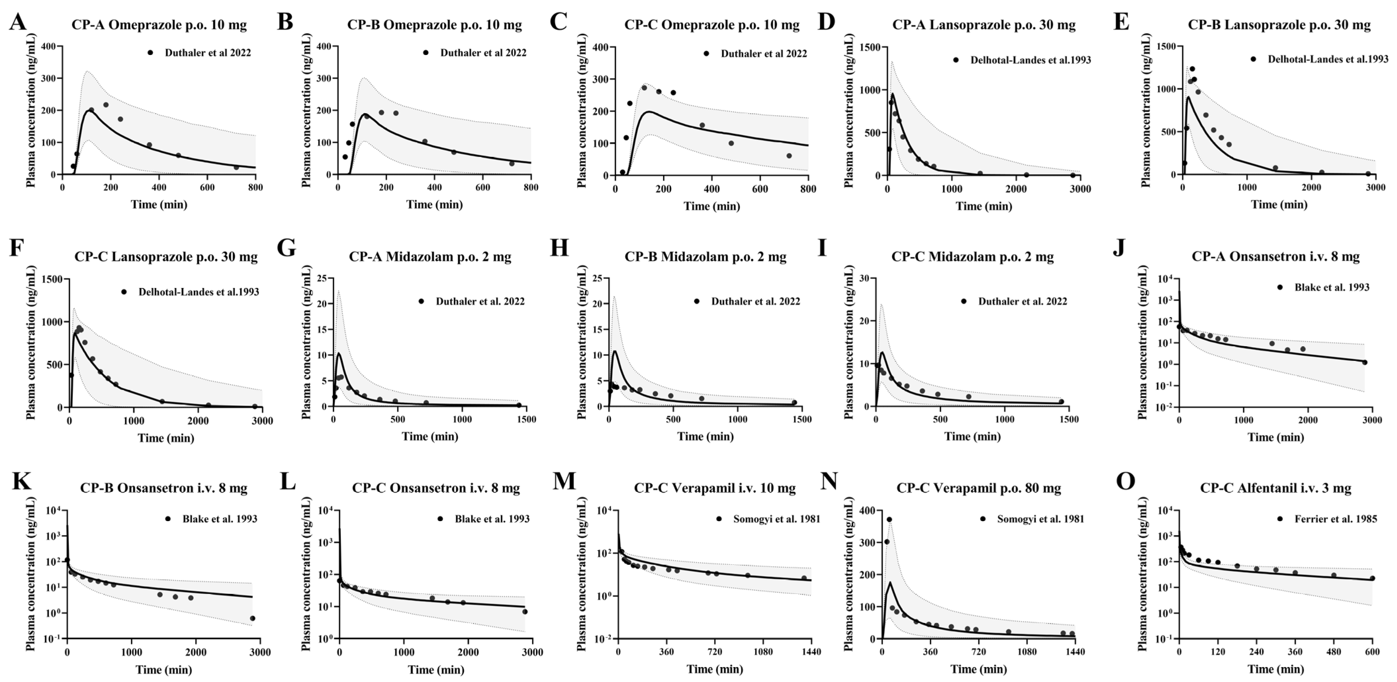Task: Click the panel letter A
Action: click(18, 23)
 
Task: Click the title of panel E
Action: click(1279, 25)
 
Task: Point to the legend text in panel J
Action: click(1331, 287)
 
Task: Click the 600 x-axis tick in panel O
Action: click(1372, 652)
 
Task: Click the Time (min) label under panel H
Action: click(705, 436)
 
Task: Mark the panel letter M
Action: click(564, 482)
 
